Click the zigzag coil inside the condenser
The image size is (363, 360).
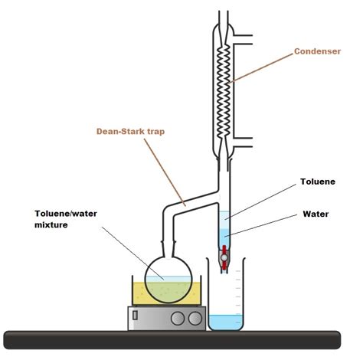click(224, 84)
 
